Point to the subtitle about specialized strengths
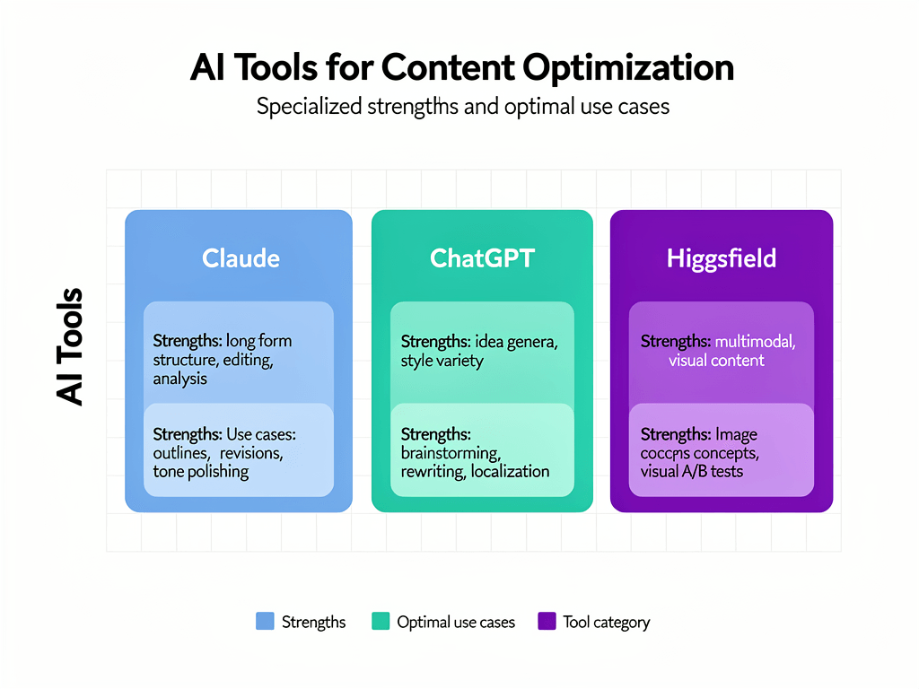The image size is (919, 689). click(x=462, y=107)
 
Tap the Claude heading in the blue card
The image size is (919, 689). click(x=241, y=258)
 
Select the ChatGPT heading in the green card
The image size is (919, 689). click(x=482, y=258)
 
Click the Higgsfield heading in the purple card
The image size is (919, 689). click(x=722, y=258)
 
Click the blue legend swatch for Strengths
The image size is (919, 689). click(x=265, y=621)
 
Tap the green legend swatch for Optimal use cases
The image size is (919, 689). click(x=381, y=621)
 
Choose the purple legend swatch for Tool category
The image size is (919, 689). click(x=547, y=621)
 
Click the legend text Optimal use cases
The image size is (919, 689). click(x=456, y=622)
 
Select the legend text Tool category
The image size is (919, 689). click(x=606, y=622)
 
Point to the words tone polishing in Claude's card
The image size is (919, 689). click(x=201, y=472)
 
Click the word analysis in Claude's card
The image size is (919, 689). click(x=180, y=379)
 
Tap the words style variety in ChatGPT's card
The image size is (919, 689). click(x=442, y=361)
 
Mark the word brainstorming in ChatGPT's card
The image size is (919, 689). click(x=451, y=453)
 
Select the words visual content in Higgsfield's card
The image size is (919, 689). click(x=716, y=361)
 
